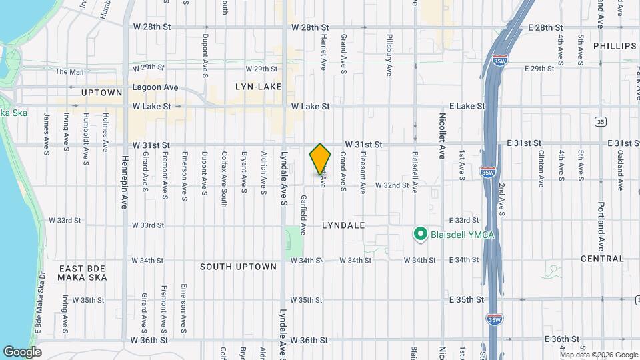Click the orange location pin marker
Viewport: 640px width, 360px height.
click(x=321, y=159)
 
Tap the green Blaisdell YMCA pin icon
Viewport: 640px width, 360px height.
click(x=420, y=234)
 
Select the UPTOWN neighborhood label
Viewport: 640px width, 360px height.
click(x=102, y=93)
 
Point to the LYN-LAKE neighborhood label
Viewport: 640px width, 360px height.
click(x=258, y=87)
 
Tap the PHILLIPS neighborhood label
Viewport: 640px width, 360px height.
click(x=615, y=46)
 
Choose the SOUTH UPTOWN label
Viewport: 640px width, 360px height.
click(x=238, y=267)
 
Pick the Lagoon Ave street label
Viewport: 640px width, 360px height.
click(x=155, y=87)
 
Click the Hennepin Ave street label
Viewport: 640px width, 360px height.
click(x=124, y=183)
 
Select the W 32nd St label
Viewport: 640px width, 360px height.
click(x=392, y=185)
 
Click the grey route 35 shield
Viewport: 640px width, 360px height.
click(x=601, y=121)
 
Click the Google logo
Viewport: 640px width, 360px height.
click(x=22, y=351)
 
